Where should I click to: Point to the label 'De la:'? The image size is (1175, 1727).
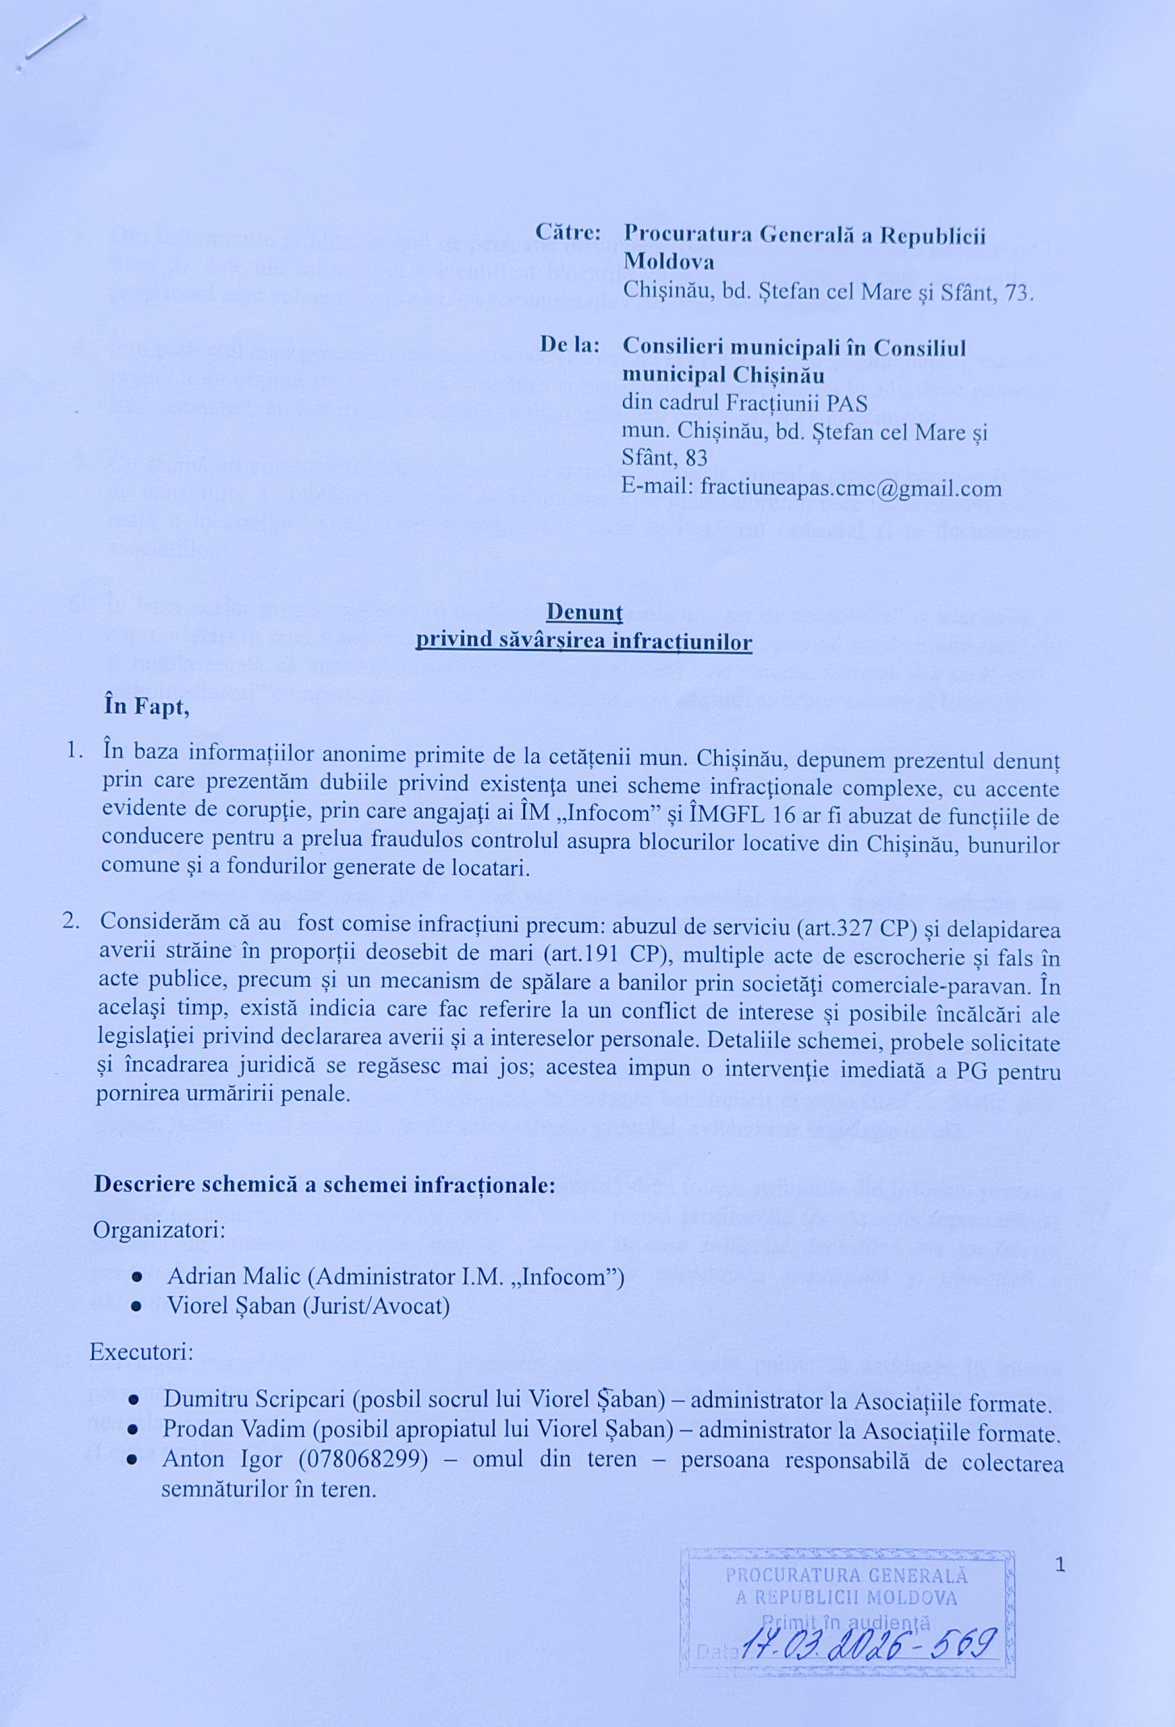pyautogui.click(x=570, y=345)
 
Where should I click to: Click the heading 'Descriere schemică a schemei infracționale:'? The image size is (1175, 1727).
pyautogui.click(x=325, y=1184)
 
